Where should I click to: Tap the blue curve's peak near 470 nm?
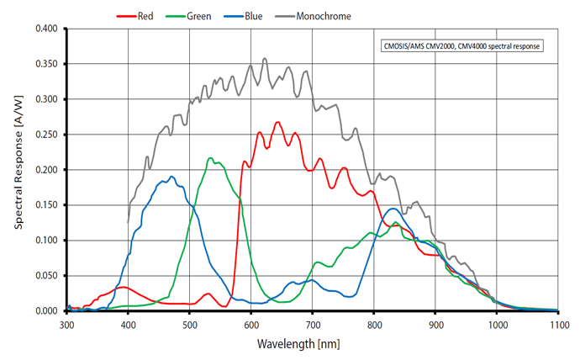click(171, 177)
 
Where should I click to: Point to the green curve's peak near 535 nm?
click(210, 158)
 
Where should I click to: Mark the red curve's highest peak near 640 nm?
click(277, 122)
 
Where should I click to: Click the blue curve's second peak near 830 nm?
click(393, 209)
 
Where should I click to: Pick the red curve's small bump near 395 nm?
click(124, 288)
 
